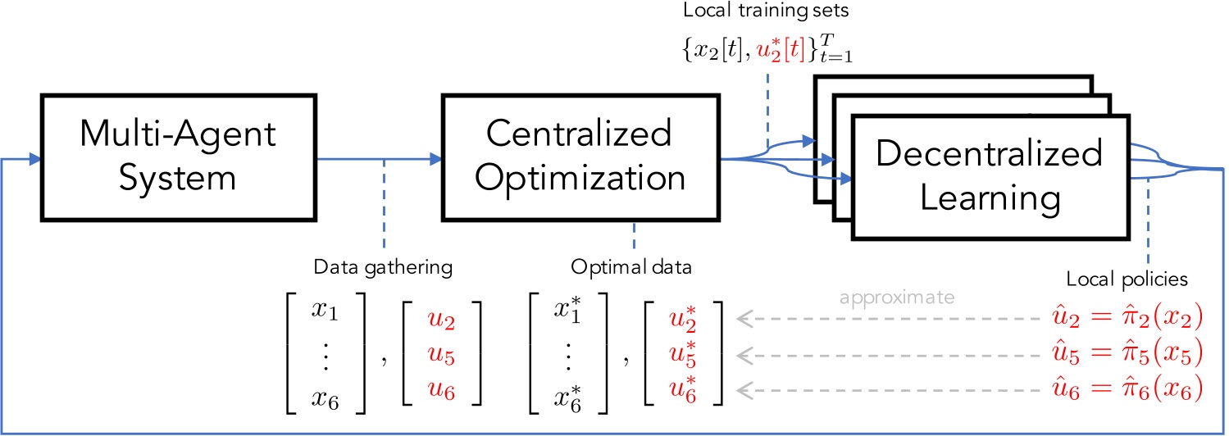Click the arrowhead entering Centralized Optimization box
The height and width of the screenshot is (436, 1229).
click(435, 160)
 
